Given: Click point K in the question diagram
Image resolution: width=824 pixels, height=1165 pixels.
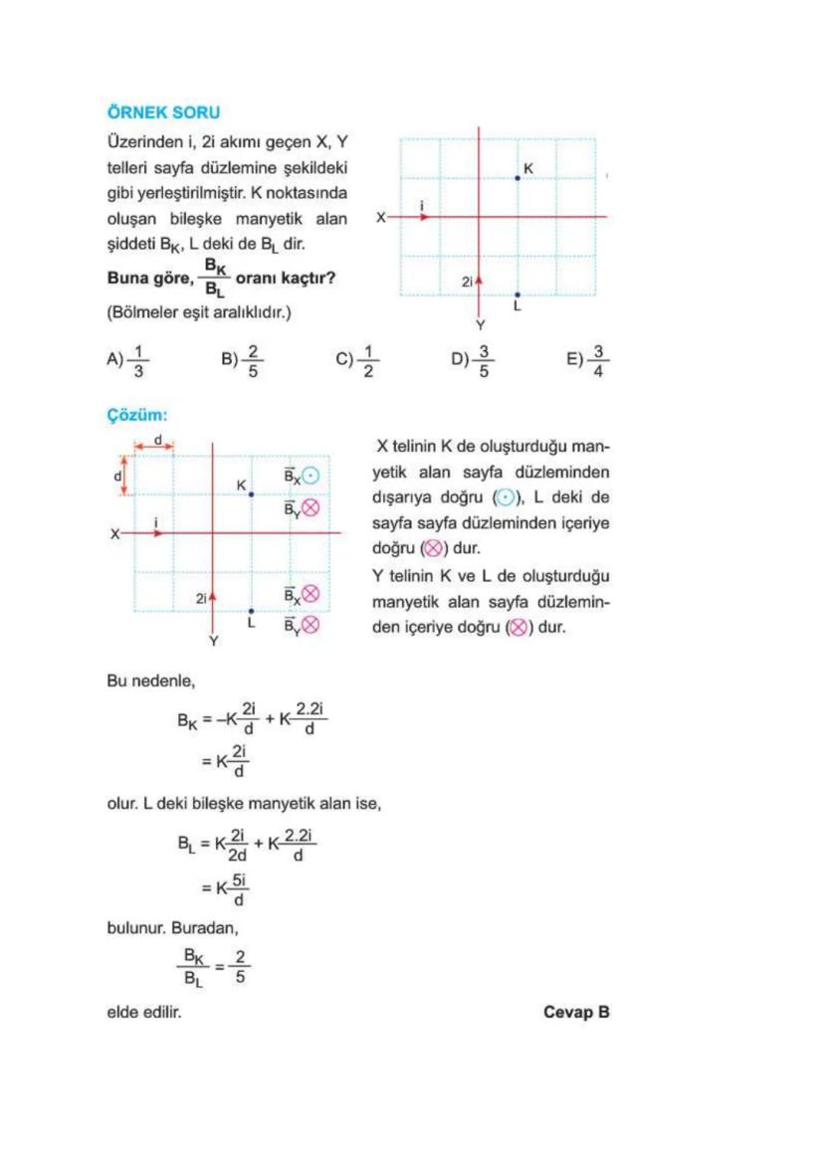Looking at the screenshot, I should [x=517, y=177].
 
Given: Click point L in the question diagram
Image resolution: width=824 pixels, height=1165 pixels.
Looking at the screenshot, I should [x=517, y=294].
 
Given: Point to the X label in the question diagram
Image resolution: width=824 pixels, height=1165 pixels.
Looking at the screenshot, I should [x=380, y=216].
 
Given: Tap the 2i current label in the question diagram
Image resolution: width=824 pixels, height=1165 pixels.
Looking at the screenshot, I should [x=468, y=283].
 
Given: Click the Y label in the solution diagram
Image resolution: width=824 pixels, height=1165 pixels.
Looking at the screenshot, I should [x=213, y=642].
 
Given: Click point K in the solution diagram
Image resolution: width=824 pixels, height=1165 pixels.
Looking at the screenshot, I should [x=251, y=493].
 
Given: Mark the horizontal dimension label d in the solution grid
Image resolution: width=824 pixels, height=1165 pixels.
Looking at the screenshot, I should [x=157, y=439].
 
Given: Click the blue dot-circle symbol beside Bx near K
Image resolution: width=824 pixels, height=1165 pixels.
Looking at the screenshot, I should [x=309, y=476].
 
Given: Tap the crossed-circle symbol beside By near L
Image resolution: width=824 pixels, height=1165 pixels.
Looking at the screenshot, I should [x=309, y=625].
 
